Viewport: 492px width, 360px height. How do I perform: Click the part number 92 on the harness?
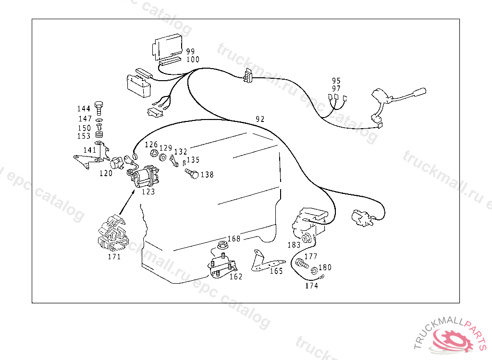260,119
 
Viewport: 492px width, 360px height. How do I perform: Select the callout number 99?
191,51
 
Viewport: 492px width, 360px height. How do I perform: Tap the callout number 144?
84,109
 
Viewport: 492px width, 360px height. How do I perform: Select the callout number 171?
114,257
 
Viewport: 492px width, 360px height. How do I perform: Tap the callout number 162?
235,276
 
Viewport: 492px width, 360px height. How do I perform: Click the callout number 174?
311,286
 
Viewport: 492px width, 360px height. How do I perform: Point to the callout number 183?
294,245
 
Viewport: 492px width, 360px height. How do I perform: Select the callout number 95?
336,81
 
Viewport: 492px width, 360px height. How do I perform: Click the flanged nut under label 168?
222,246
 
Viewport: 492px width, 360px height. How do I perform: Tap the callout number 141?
90,150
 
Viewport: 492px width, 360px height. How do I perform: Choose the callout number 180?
325,267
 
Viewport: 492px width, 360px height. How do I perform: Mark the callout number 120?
106,173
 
